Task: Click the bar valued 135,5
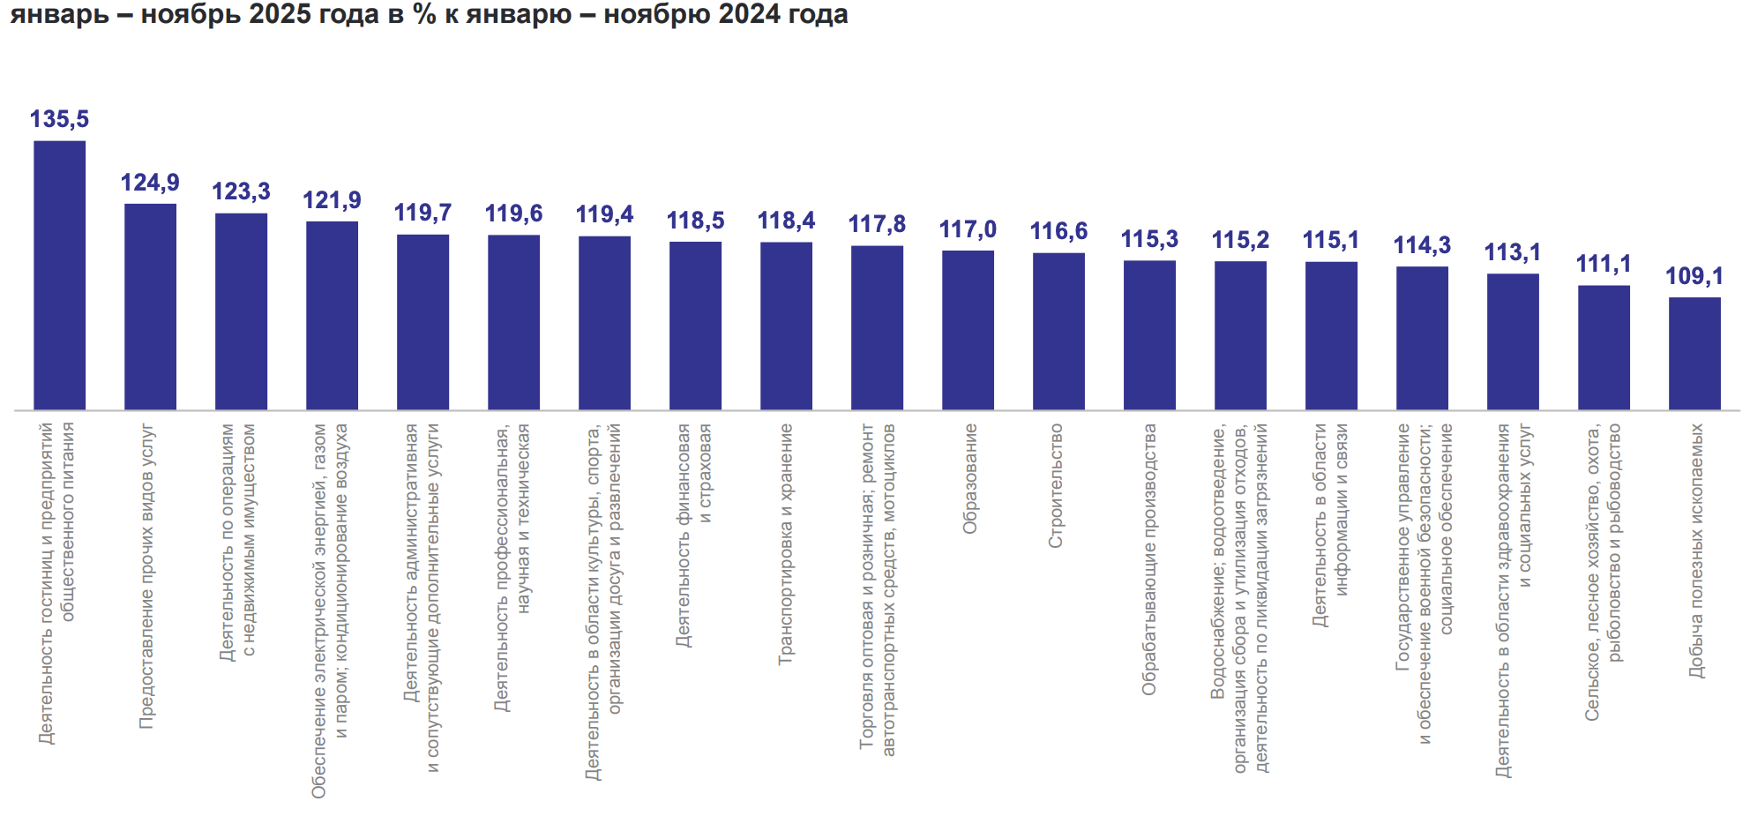tap(60, 274)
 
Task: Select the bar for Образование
tap(968, 330)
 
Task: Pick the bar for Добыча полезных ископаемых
tap(1694, 353)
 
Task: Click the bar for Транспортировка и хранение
tap(786, 326)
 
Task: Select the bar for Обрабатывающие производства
tap(1149, 334)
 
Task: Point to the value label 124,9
tap(150, 183)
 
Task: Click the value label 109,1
tap(1694, 276)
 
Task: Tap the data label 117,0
tap(968, 229)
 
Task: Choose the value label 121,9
tap(332, 200)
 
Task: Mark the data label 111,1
tap(1604, 264)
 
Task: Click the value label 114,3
tap(1422, 245)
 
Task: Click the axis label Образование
tap(969, 478)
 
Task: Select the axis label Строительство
tap(1056, 485)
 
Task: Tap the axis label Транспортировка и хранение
tap(785, 543)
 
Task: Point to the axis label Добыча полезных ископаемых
tap(1696, 551)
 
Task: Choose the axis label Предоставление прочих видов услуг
tap(146, 576)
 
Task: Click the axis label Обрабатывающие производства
tap(1148, 559)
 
